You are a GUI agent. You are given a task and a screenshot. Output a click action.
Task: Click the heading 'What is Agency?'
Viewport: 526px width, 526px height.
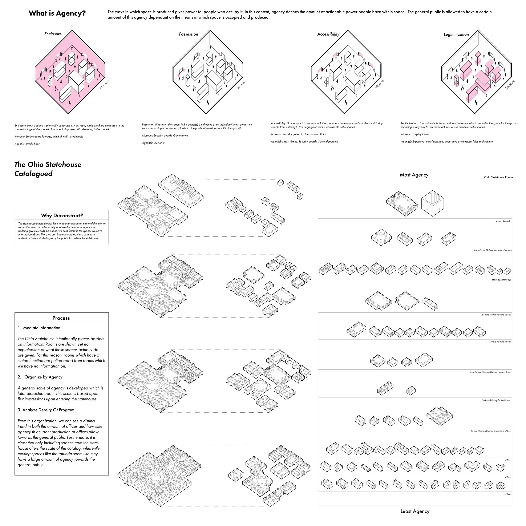tap(57, 13)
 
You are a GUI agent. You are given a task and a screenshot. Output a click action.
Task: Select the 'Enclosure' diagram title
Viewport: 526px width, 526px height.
tap(53, 34)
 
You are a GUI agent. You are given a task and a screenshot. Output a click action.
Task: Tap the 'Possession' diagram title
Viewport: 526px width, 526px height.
tap(188, 34)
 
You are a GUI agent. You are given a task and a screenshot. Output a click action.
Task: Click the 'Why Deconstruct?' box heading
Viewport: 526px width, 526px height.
tap(62, 216)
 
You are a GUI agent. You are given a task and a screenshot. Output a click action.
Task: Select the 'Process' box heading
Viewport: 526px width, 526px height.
tap(61, 318)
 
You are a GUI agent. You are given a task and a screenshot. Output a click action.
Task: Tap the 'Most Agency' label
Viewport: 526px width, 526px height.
tap(414, 175)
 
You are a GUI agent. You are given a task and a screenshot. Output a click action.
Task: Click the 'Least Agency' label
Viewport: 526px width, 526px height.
tap(415, 511)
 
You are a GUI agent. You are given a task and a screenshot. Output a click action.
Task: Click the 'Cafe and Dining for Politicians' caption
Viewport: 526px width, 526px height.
tap(496, 400)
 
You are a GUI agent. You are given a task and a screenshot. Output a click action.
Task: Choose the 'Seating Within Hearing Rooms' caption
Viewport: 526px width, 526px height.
tap(496, 315)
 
